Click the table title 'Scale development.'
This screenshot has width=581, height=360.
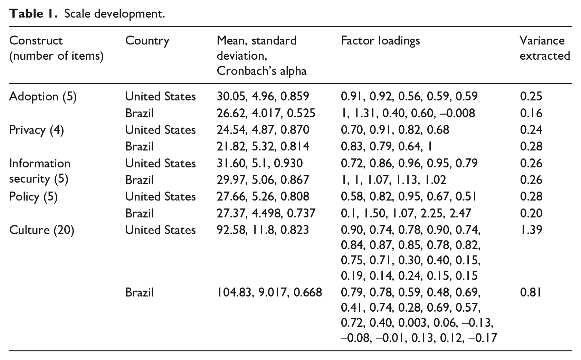[x=114, y=14]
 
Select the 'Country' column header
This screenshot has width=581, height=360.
[x=147, y=41]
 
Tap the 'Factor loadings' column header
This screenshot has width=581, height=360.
[x=380, y=41]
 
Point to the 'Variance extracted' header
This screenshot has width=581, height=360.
[x=545, y=48]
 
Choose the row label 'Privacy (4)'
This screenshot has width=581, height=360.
[x=36, y=130]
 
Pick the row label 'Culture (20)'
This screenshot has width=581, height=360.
[x=41, y=230]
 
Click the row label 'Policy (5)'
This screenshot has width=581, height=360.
[x=33, y=197]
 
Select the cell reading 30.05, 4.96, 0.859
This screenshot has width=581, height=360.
[x=263, y=96]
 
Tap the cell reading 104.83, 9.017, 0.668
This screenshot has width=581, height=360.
[x=269, y=293]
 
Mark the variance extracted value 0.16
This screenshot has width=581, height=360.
[x=531, y=113]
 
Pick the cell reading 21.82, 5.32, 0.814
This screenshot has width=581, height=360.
[x=263, y=146]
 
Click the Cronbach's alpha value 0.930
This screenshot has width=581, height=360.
[x=288, y=163]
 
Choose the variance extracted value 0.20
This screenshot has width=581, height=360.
[x=531, y=213]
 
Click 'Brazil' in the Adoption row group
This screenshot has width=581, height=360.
[x=139, y=113]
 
